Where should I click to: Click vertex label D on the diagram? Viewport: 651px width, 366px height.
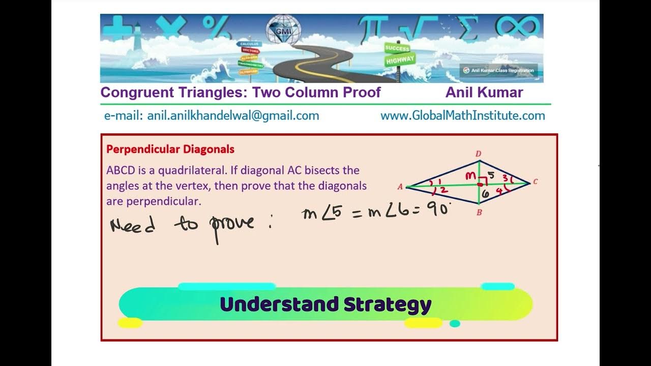point(479,154)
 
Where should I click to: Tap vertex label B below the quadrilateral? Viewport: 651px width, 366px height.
point(479,213)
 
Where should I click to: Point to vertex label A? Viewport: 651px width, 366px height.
point(400,187)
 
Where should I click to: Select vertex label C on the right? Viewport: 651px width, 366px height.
point(536,181)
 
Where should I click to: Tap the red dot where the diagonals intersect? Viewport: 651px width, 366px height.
point(480,185)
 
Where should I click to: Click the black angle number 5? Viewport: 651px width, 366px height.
point(490,175)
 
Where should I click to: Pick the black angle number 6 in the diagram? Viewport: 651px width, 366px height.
point(485,194)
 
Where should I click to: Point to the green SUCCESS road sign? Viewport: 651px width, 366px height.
point(397,48)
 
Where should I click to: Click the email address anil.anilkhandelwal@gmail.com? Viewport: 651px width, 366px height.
point(233,116)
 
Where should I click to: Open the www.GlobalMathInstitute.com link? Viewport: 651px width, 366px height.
point(462,116)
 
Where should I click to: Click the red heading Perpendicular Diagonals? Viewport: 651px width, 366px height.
point(170,149)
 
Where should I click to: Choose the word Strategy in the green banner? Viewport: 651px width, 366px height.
point(387,304)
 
